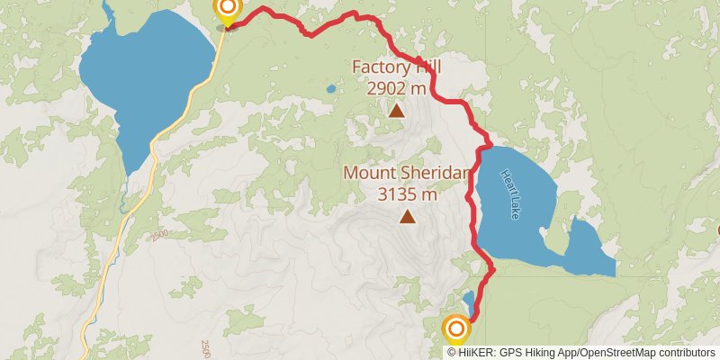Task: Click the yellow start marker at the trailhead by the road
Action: click(x=228, y=10)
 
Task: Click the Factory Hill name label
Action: click(x=397, y=67)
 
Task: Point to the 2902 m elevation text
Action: click(x=397, y=88)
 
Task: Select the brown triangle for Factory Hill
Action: click(x=396, y=111)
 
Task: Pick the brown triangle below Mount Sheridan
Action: click(x=408, y=216)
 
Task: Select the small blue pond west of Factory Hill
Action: click(x=330, y=89)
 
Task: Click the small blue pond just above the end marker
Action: click(x=468, y=300)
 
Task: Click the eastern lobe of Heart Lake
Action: click(x=587, y=250)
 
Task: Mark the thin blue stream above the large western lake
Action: click(x=108, y=11)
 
